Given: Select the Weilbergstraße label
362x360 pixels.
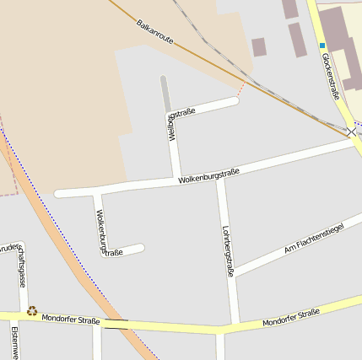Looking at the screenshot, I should pos(181,122).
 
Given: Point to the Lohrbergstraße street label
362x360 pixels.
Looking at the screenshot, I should pos(227,251).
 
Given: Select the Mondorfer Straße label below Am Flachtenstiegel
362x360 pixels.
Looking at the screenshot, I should pos(290,318).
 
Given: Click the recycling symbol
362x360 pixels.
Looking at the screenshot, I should pos(32,311).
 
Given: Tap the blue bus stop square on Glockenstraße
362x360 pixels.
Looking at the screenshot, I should pos(321,45).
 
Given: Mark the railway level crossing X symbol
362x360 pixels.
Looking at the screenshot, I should pos(351,132).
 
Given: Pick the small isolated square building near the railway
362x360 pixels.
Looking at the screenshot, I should pos(259,47).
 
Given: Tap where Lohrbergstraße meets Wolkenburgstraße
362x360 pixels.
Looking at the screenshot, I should pos(220,179).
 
